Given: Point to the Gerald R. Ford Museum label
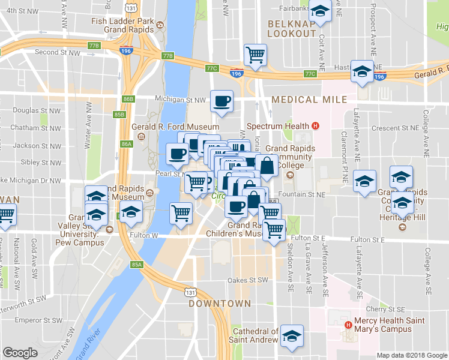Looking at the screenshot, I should (167, 127).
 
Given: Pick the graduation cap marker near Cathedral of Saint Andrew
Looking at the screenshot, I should (292, 335).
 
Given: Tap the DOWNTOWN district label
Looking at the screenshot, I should (219, 304).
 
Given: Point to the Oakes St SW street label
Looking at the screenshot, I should (250, 280).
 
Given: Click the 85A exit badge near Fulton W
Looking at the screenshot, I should (137, 264).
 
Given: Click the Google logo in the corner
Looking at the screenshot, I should (20, 353).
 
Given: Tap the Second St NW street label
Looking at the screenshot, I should (58, 52).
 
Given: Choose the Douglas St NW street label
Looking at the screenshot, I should (37, 111).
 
